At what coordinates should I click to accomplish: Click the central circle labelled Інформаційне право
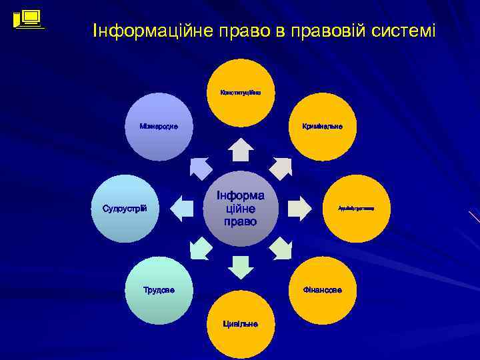[x=240, y=208]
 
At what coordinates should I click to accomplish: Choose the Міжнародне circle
[x=158, y=127]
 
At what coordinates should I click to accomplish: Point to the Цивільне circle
[x=240, y=325]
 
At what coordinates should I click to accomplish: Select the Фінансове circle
[x=322, y=290]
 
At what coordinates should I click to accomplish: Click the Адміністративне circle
[x=356, y=209]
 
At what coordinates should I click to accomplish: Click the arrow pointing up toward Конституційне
[x=240, y=150]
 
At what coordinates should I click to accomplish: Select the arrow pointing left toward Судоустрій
[x=182, y=209]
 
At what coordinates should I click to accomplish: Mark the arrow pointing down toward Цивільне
[x=240, y=267]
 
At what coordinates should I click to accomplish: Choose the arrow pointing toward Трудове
[x=199, y=249]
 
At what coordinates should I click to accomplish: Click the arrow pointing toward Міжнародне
[x=199, y=167]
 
